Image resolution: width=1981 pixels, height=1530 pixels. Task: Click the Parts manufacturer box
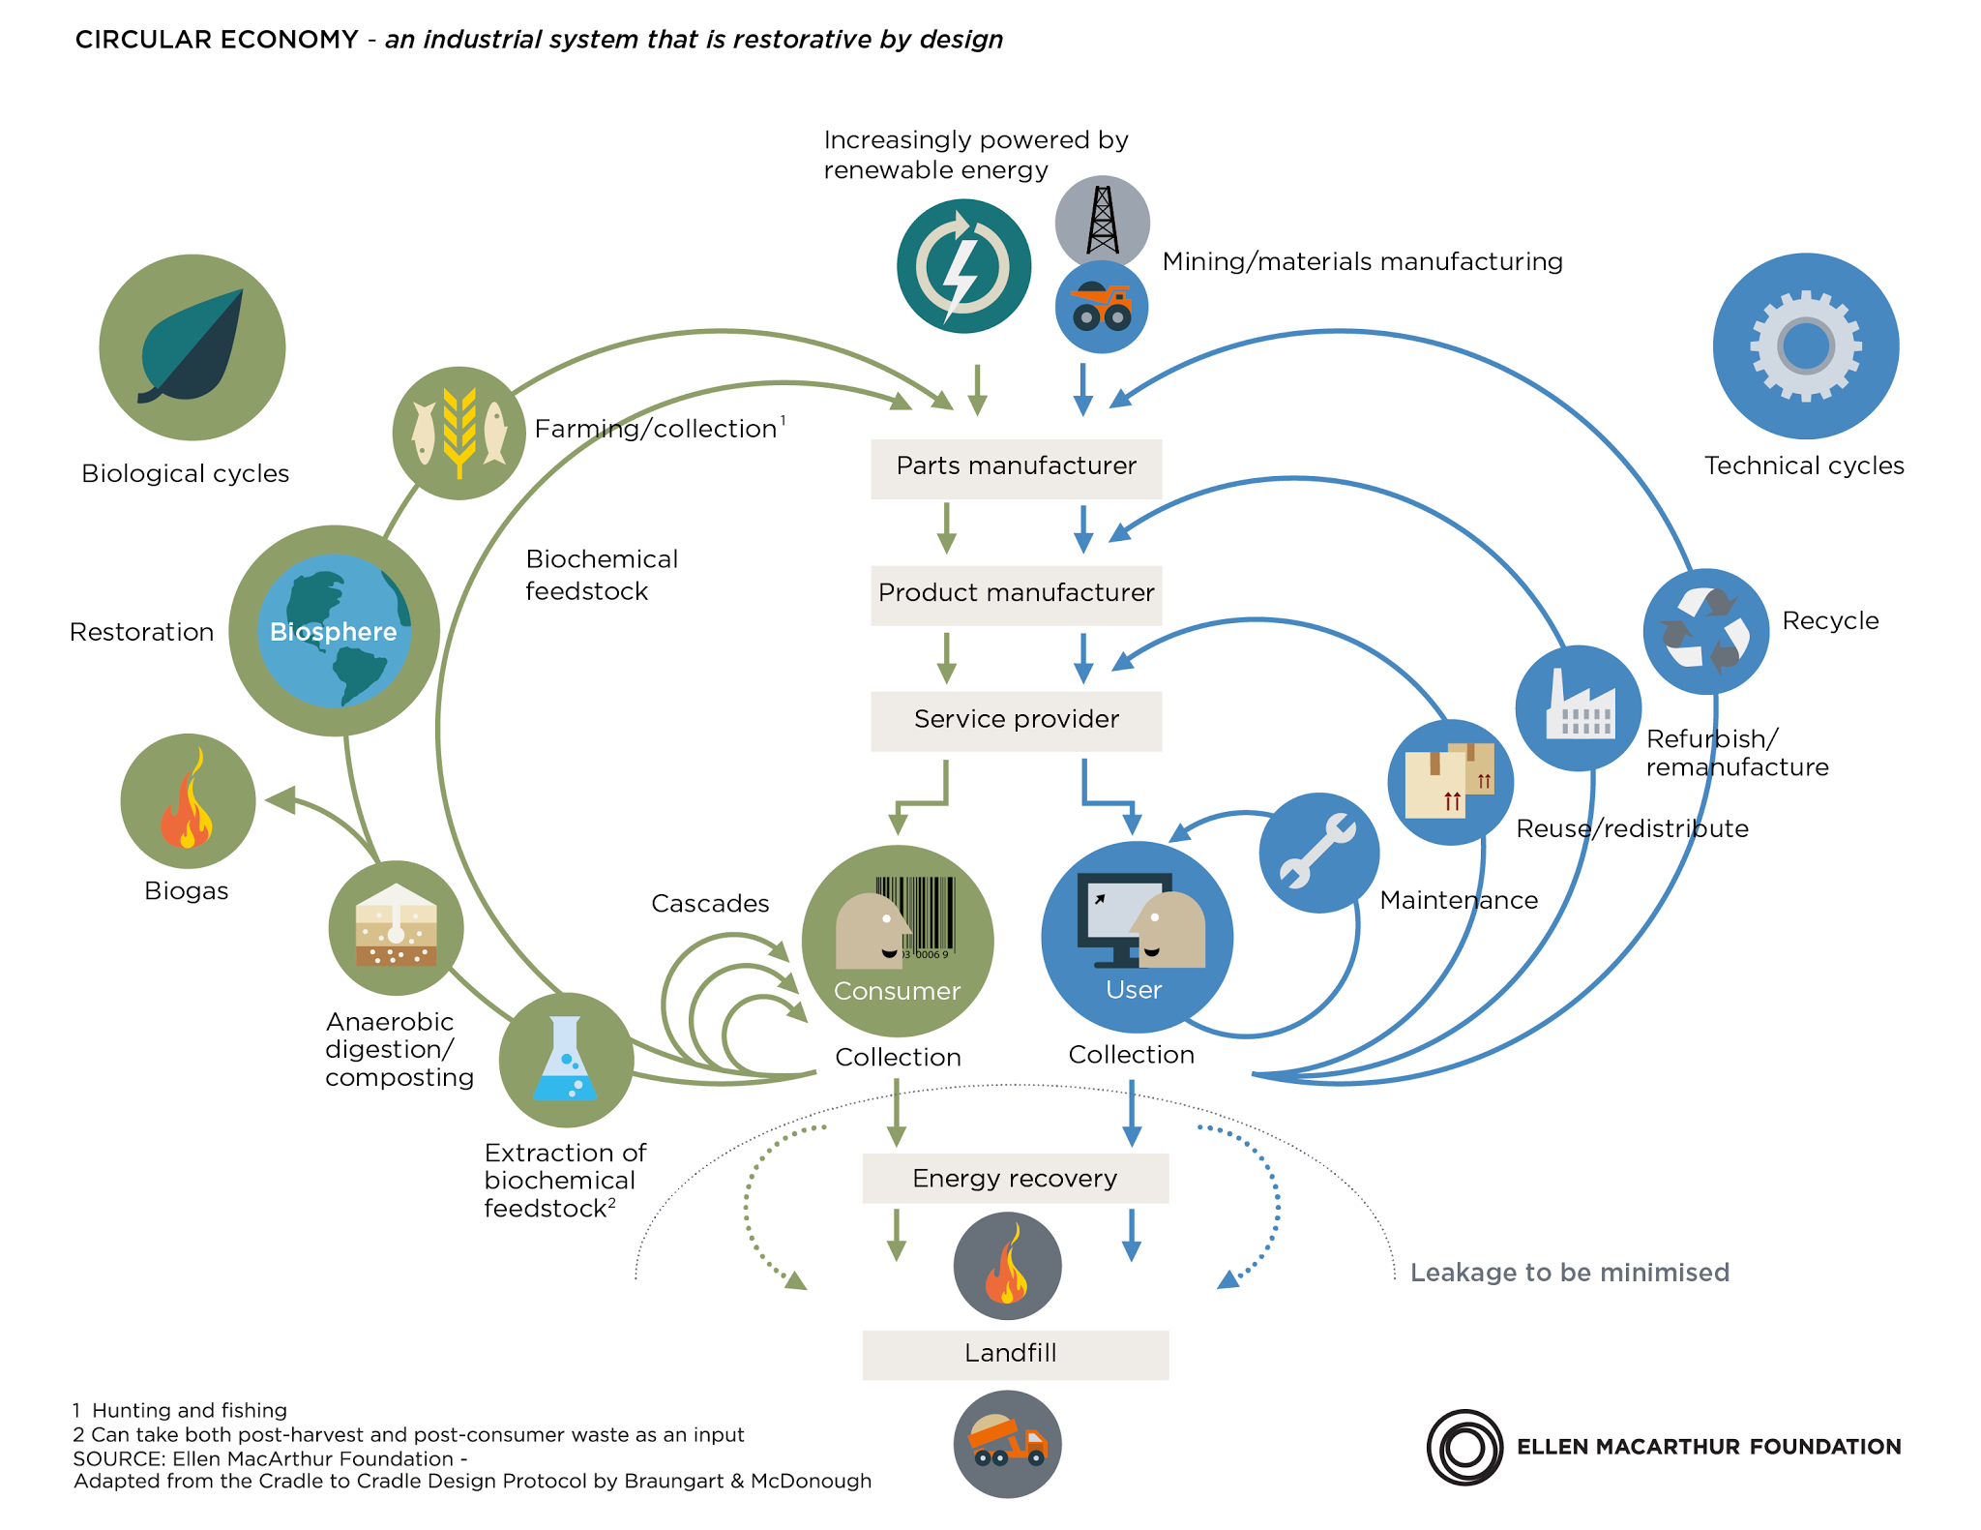click(x=1016, y=468)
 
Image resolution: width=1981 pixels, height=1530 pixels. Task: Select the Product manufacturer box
click(x=1016, y=595)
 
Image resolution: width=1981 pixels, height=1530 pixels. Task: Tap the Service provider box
click(x=1016, y=721)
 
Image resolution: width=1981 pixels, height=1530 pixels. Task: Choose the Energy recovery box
click(x=1015, y=1178)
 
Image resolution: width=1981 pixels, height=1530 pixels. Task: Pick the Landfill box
click(x=1015, y=1355)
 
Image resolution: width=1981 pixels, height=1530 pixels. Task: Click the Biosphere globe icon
click(x=335, y=631)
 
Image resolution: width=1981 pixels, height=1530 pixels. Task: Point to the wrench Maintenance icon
click(x=1319, y=853)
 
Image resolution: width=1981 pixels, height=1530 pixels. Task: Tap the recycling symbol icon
click(x=1706, y=631)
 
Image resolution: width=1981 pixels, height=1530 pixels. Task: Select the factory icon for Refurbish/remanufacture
click(x=1579, y=708)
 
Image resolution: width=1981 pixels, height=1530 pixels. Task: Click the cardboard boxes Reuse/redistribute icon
click(x=1451, y=782)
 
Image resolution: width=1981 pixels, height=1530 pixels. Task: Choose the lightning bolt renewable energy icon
click(x=963, y=266)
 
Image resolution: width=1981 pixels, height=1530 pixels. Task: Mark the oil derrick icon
click(x=1103, y=223)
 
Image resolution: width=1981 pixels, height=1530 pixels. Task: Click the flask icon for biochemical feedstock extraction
click(x=567, y=1060)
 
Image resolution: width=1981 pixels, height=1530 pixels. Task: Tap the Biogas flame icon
click(x=189, y=801)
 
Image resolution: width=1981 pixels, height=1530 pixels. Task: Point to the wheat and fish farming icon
click(x=459, y=434)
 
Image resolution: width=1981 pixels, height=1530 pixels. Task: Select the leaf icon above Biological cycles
click(x=192, y=347)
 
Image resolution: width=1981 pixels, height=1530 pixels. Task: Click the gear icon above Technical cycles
click(x=1806, y=346)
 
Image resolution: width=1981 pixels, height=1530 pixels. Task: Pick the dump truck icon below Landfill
click(x=1008, y=1444)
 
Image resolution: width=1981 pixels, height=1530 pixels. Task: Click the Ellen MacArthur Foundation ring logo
click(x=1464, y=1447)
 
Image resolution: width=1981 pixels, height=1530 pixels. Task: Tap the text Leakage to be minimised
click(x=1570, y=1273)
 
